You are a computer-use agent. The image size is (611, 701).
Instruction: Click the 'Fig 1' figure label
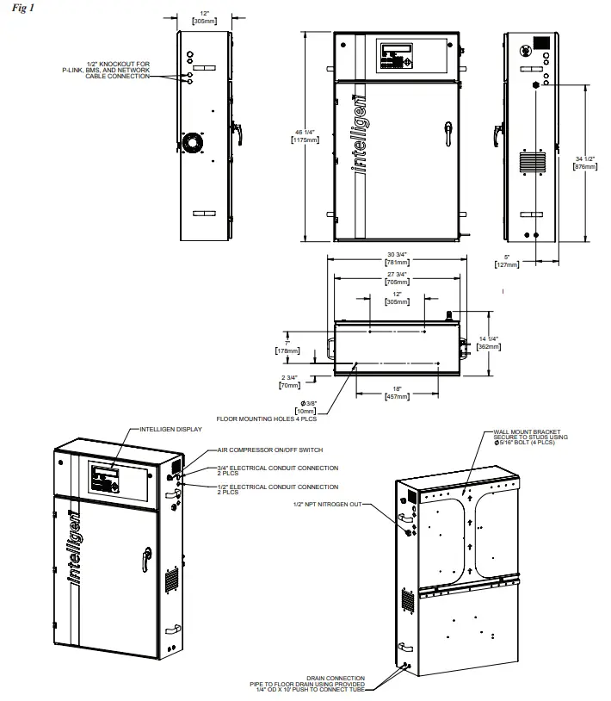click(x=15, y=8)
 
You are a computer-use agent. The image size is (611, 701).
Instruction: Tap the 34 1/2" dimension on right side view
click(x=584, y=159)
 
